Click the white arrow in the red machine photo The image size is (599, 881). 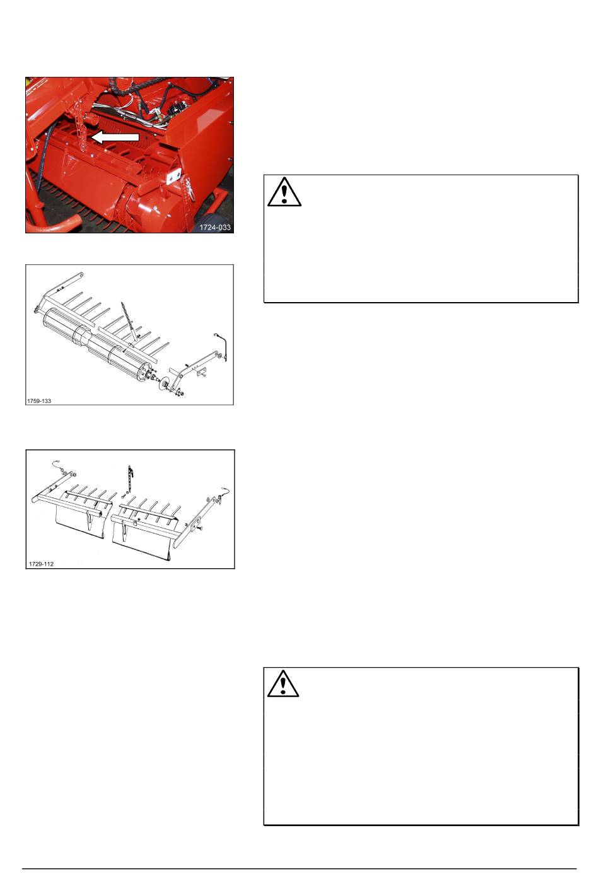point(115,137)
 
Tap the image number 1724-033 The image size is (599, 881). point(215,227)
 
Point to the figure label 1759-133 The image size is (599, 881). point(39,401)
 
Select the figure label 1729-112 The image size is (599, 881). point(41,564)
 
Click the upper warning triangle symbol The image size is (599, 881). point(284,192)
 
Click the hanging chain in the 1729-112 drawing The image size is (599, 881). point(129,478)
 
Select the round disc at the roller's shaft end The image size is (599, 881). point(164,383)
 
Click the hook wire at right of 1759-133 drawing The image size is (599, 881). point(223,346)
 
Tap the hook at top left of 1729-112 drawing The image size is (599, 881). point(59,465)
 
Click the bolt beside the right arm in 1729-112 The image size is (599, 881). point(200,527)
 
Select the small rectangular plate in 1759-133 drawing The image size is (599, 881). point(201,370)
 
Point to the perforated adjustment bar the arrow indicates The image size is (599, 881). point(83,124)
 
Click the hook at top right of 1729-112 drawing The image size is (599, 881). point(224,491)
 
